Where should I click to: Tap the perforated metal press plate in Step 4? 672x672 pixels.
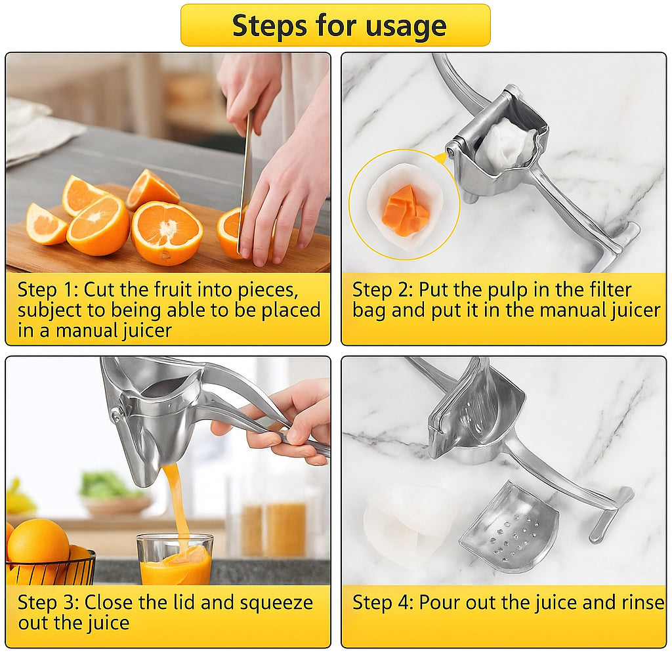coord(511,528)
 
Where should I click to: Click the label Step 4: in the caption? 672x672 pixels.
coord(383,602)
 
